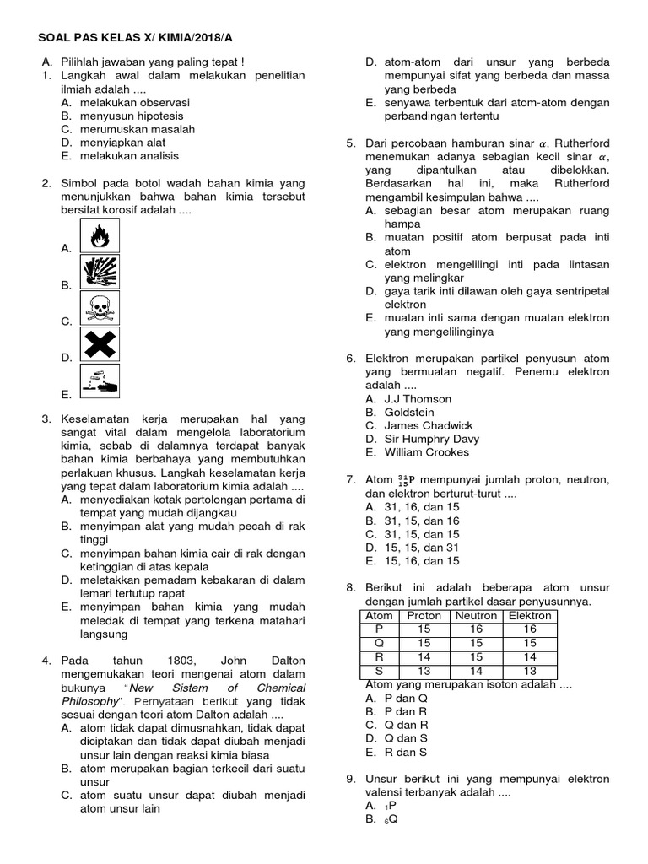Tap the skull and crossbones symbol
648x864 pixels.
(x=99, y=308)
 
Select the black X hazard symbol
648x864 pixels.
(x=99, y=344)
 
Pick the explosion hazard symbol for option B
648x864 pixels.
(x=99, y=273)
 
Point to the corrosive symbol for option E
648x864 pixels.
(x=99, y=381)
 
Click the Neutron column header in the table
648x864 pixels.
(x=477, y=616)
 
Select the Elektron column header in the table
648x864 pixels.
(x=529, y=616)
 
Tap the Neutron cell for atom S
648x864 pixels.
(x=477, y=671)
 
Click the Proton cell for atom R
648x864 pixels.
(x=424, y=657)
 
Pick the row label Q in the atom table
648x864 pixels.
(x=378, y=643)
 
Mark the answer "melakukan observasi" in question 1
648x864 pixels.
(x=135, y=102)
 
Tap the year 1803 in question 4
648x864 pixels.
(x=169, y=660)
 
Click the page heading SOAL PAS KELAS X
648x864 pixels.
(x=105, y=38)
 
